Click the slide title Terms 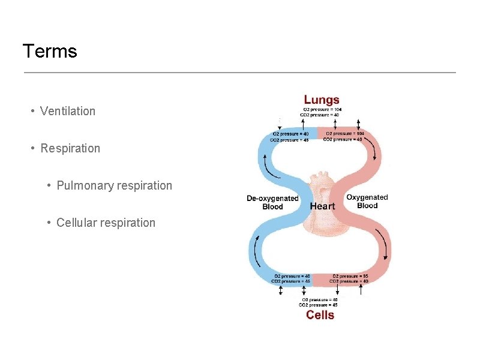click(50, 52)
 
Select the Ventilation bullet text click(68, 111)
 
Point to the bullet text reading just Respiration click(70, 148)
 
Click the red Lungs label click(322, 100)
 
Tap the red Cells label click(320, 315)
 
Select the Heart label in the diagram click(322, 206)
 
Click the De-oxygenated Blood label click(272, 202)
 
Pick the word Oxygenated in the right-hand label click(367, 197)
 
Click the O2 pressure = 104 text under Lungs click(322, 110)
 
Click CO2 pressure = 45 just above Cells click(320, 304)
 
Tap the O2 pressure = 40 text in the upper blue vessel click(290, 134)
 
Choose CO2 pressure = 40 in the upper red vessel click(343, 139)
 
